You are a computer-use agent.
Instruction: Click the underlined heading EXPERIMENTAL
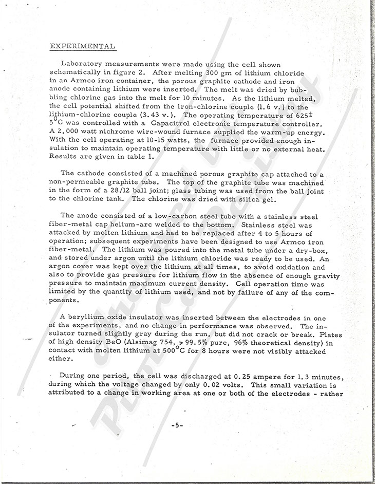(82, 47)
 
